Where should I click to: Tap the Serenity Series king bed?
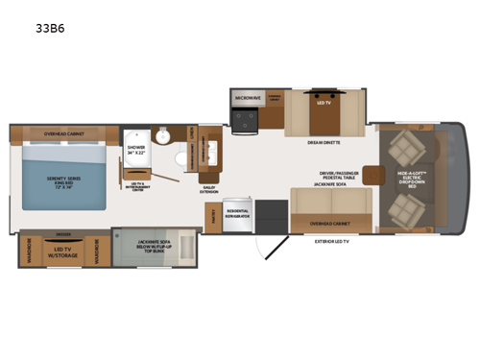63,182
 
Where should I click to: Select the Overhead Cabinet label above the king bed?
63,133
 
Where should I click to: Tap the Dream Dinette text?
324,143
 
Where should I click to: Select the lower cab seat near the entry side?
404,205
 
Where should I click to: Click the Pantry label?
211,217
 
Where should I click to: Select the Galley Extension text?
209,189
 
